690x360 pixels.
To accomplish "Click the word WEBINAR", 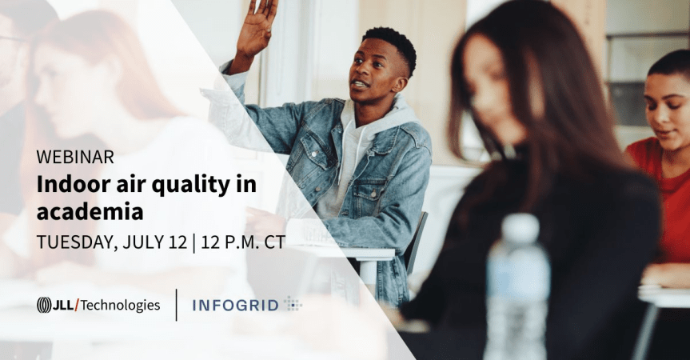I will (x=75, y=157).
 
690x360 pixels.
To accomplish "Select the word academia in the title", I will (x=90, y=212).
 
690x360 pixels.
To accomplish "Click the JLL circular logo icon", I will (x=44, y=305).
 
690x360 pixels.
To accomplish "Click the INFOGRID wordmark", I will (x=235, y=305).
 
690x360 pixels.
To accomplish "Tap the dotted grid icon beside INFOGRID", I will (x=293, y=304).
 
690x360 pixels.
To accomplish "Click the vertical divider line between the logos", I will (x=176, y=305).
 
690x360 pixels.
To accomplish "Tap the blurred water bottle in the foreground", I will (x=517, y=288).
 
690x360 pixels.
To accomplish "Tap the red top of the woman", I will (x=668, y=200).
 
